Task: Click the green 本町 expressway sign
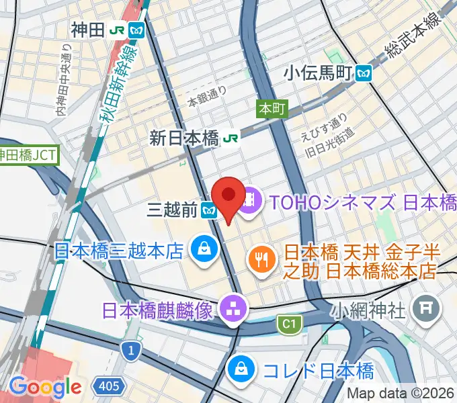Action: [x=272, y=108]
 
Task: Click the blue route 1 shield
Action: [x=130, y=350]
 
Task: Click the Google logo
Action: [x=45, y=387]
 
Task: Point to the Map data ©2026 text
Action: [x=401, y=394]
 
